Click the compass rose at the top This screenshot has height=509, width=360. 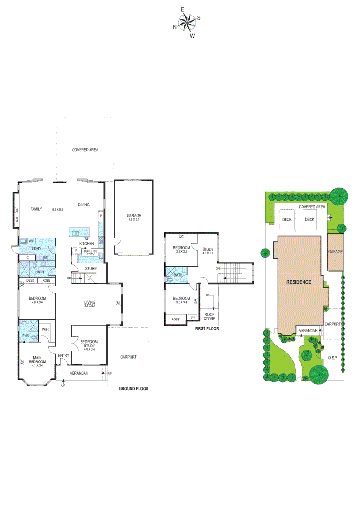[x=187, y=22]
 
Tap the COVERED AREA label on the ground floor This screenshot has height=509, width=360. [x=85, y=150]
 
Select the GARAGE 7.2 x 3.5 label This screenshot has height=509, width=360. [x=134, y=218]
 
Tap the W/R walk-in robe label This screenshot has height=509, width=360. [x=46, y=329]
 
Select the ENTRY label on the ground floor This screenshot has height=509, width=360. [x=63, y=356]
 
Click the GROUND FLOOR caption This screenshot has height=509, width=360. [x=133, y=389]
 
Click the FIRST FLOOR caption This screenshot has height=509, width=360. [x=207, y=328]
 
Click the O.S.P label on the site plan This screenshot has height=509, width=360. [x=332, y=358]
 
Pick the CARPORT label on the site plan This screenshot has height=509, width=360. [x=333, y=324]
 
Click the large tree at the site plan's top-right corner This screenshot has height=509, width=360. [x=339, y=195]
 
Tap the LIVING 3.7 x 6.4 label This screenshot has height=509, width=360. [x=90, y=304]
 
